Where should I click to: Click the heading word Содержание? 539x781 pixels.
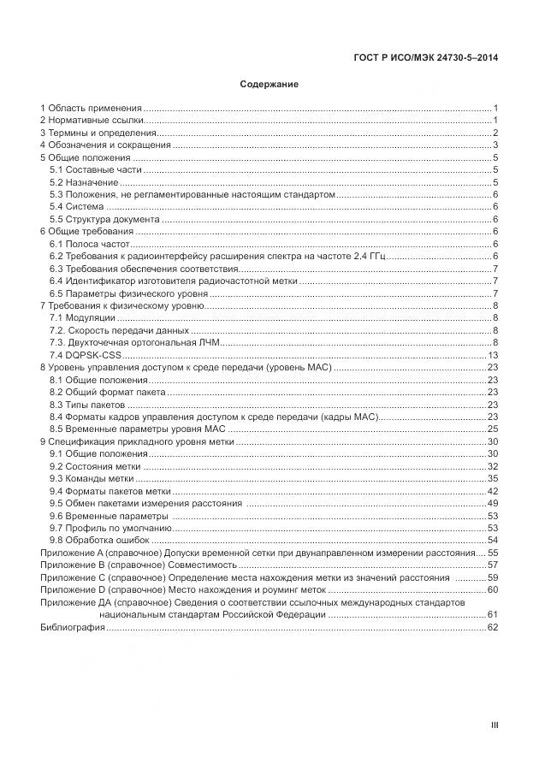(269, 85)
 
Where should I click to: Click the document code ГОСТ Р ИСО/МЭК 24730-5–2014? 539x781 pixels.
(425, 58)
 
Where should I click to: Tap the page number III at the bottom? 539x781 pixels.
(494, 725)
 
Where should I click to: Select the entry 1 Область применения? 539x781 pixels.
(91, 108)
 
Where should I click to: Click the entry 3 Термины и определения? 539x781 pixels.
(98, 133)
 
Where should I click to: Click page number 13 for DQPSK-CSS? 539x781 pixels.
(492, 355)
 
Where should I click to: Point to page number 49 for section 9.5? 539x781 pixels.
(492, 503)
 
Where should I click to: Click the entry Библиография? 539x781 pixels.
(73, 627)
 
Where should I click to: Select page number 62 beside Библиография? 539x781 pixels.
(492, 627)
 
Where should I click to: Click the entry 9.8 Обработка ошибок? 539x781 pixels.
(99, 540)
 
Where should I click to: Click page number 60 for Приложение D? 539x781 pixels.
(492, 589)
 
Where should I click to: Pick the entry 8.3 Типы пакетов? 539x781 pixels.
(87, 405)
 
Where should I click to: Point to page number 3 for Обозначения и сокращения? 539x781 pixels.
(495, 145)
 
